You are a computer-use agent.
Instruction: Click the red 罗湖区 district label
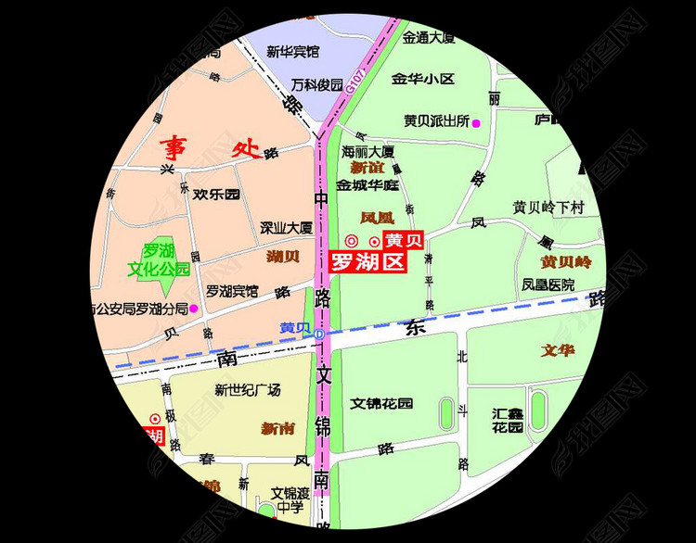point(368,262)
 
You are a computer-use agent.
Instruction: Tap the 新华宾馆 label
point(292,51)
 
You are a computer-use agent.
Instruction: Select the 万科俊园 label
point(316,83)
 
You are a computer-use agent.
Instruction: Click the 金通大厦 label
point(429,38)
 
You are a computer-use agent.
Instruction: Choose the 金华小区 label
point(423,79)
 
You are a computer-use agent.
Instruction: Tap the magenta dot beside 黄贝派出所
point(477,123)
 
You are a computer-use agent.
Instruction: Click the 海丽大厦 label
point(368,150)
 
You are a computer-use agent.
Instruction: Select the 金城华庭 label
point(367,184)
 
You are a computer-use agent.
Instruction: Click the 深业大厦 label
point(286,227)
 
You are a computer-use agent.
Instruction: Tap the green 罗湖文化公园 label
point(159,260)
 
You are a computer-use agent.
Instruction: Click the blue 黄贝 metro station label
point(295,328)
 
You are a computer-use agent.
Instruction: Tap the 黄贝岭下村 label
point(548,208)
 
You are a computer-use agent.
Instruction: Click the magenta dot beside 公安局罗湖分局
point(193,309)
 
